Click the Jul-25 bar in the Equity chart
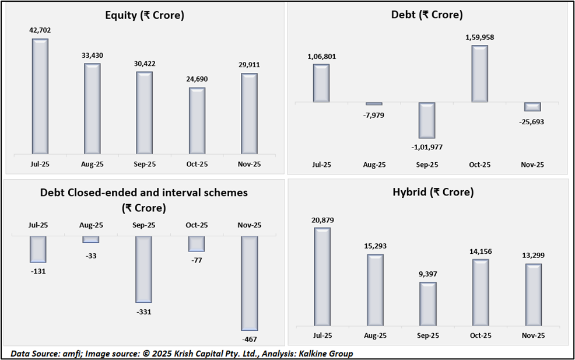(x=40, y=97)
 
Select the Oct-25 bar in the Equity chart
(x=197, y=121)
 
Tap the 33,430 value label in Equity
(x=92, y=55)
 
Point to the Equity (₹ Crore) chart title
(x=145, y=16)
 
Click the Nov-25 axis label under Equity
(x=250, y=165)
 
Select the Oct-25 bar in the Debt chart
(x=479, y=74)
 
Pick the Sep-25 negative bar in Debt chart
(x=427, y=121)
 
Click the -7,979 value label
(x=374, y=115)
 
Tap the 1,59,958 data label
(x=479, y=37)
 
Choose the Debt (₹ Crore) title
(x=427, y=15)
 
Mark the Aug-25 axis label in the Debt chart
(x=374, y=165)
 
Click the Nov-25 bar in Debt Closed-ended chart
(x=250, y=284)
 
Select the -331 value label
(x=143, y=312)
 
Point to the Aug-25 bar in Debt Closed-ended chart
(x=91, y=239)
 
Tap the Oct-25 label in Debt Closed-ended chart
(x=197, y=225)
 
